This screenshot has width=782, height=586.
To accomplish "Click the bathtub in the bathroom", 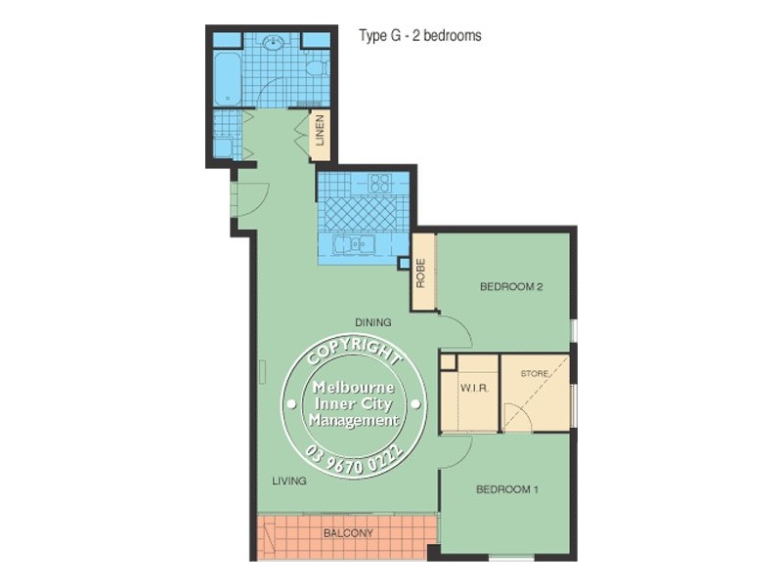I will click(227, 79).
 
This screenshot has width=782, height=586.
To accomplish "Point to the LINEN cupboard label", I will click(320, 134).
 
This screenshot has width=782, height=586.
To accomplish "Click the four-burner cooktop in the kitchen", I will click(379, 183).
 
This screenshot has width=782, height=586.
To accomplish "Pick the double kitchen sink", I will click(354, 244).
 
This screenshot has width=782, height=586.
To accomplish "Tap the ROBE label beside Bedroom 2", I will click(421, 272).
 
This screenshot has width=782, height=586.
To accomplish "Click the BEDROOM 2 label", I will click(510, 287).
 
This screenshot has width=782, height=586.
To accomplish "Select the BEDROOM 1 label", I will click(507, 489).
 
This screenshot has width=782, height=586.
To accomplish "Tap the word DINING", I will click(372, 322).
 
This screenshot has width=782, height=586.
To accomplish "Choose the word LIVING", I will click(289, 481).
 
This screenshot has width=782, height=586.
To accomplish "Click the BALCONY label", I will click(348, 533).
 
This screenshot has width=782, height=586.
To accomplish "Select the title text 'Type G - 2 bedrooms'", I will click(420, 35).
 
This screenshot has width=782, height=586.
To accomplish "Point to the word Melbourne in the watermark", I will click(353, 387).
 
